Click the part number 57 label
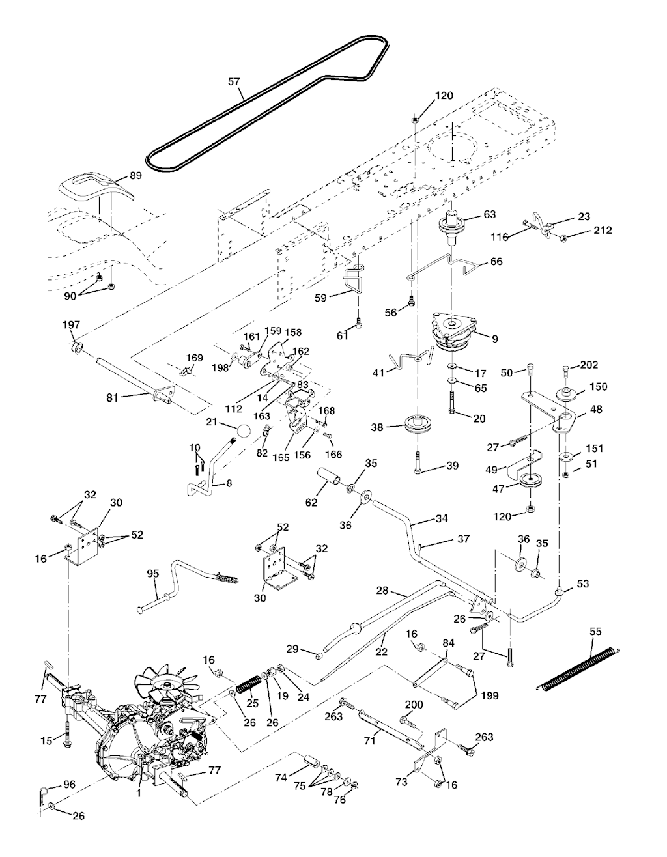coord(234,82)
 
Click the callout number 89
coord(135,175)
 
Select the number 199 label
coord(490,695)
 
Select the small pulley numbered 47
coord(532,483)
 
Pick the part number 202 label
coord(588,365)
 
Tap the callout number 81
coord(113,397)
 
